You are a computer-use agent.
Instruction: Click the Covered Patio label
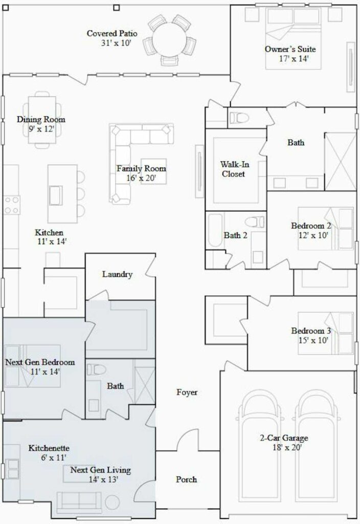[x=112, y=33]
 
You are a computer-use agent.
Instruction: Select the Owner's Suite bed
[x=293, y=38]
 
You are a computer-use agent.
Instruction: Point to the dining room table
[x=42, y=120]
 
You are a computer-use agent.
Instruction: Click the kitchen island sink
[x=55, y=195]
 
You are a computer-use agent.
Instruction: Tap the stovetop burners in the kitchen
[x=12, y=205]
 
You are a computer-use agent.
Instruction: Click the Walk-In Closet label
[x=234, y=169]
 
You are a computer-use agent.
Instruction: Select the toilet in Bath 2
[x=255, y=222]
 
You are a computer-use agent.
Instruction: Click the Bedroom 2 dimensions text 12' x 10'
[x=313, y=235]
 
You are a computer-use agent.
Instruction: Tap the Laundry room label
[x=117, y=274]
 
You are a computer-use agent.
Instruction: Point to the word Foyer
[x=187, y=392]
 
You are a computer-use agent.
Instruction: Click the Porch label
[x=186, y=479]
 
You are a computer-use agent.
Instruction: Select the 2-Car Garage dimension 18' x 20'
[x=287, y=447]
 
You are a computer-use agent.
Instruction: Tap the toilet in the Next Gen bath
[x=96, y=369]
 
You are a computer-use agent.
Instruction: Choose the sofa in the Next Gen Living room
[x=79, y=502]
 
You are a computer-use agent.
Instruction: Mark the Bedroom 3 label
[x=311, y=331]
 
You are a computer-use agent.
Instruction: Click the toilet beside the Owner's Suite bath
[x=239, y=118]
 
